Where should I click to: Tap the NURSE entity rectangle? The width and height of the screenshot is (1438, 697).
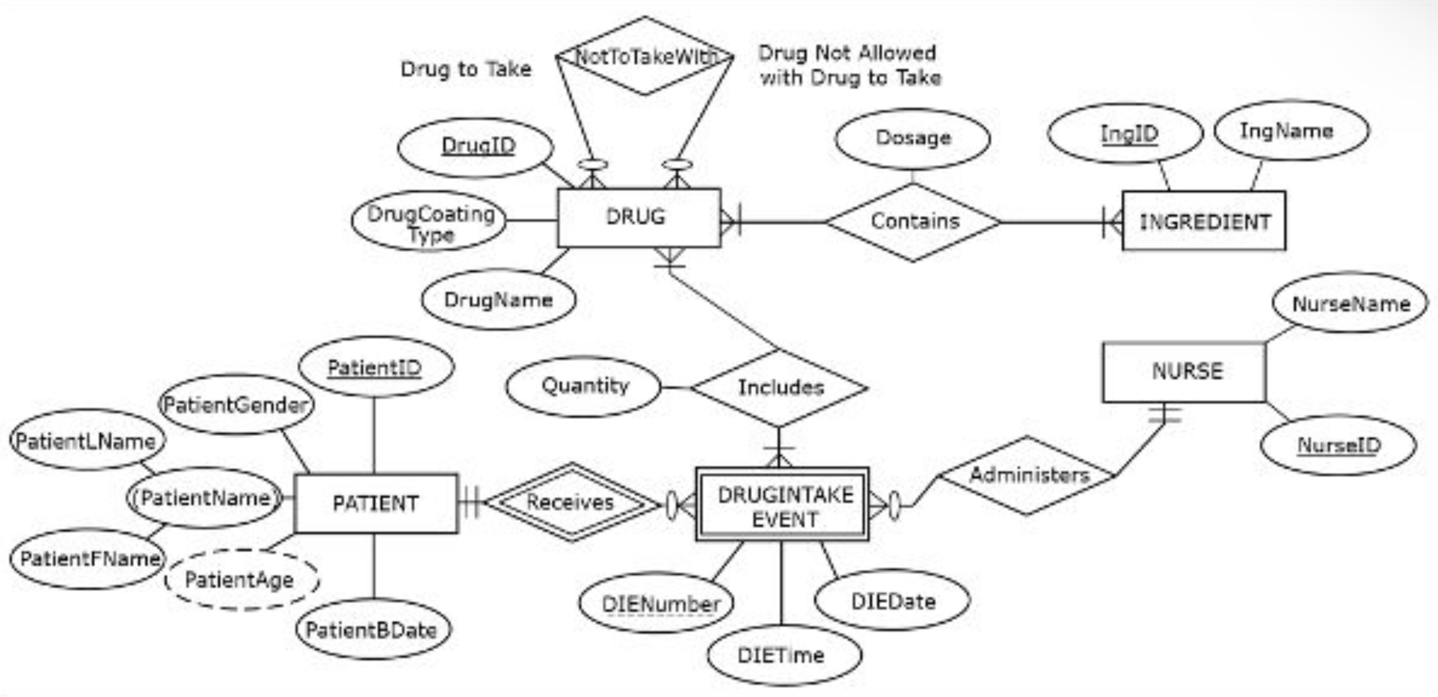pyautogui.click(x=1184, y=372)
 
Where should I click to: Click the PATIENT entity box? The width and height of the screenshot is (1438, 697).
pyautogui.click(x=375, y=504)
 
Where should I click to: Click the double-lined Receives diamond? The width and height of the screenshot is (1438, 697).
pyautogui.click(x=571, y=502)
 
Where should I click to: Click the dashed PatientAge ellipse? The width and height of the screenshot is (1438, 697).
pyautogui.click(x=241, y=580)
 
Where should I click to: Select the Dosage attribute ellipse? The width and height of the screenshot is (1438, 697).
pyautogui.click(x=913, y=138)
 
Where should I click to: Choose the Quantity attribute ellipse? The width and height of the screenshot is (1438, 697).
pyautogui.click(x=583, y=387)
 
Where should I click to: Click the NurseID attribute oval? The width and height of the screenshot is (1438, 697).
pyautogui.click(x=1338, y=446)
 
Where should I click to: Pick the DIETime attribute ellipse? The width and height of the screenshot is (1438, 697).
pyautogui.click(x=784, y=655)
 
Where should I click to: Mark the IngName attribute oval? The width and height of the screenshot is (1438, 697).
pyautogui.click(x=1291, y=131)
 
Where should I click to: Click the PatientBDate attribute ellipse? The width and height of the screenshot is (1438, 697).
pyautogui.click(x=373, y=630)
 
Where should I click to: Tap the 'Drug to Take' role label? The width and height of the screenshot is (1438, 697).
pyautogui.click(x=466, y=69)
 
